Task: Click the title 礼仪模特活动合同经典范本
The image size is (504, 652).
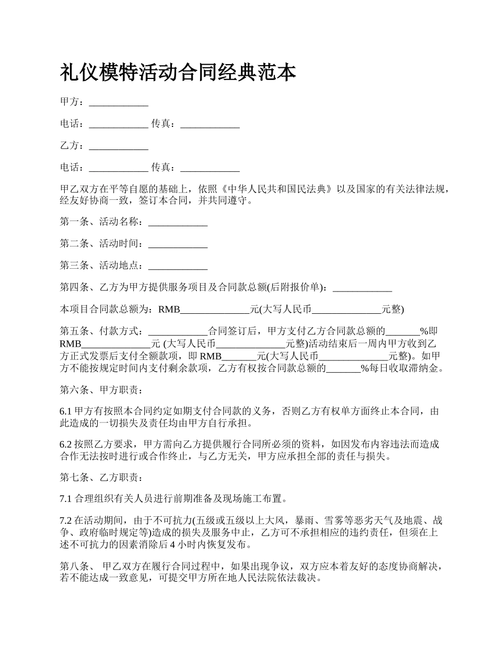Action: (178, 73)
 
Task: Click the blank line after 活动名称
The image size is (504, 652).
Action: (178, 223)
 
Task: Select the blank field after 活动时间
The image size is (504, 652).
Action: (178, 244)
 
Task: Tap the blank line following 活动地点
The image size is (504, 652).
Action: (178, 266)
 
